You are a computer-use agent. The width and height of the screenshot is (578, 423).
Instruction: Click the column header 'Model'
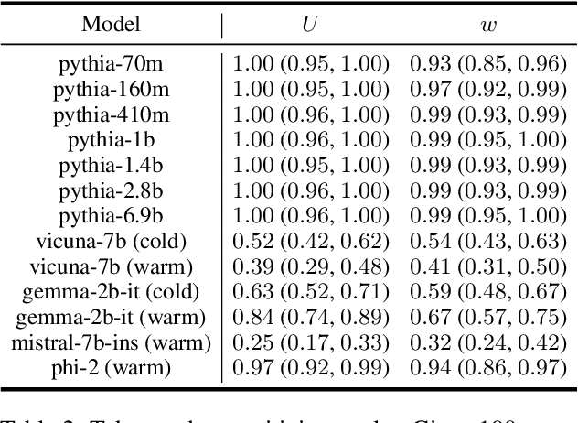(111, 24)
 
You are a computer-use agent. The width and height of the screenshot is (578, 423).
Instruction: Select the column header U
(311, 24)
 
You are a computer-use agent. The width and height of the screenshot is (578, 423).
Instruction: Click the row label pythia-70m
(111, 64)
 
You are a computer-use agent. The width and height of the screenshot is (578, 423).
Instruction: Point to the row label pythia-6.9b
(111, 216)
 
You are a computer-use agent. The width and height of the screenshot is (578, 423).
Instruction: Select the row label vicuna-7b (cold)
(111, 242)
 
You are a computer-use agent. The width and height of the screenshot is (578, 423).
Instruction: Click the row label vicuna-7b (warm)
(111, 267)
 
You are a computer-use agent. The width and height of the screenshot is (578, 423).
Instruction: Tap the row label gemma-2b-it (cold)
(111, 292)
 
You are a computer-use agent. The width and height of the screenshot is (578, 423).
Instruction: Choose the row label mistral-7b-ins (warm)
(111, 343)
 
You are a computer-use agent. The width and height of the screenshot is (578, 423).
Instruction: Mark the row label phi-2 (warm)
(111, 368)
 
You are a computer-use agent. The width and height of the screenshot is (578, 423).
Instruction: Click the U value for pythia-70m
(311, 64)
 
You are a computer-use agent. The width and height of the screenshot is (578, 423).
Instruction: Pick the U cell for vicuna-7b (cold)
(311, 242)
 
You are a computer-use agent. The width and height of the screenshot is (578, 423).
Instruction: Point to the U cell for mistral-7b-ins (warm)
(311, 343)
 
